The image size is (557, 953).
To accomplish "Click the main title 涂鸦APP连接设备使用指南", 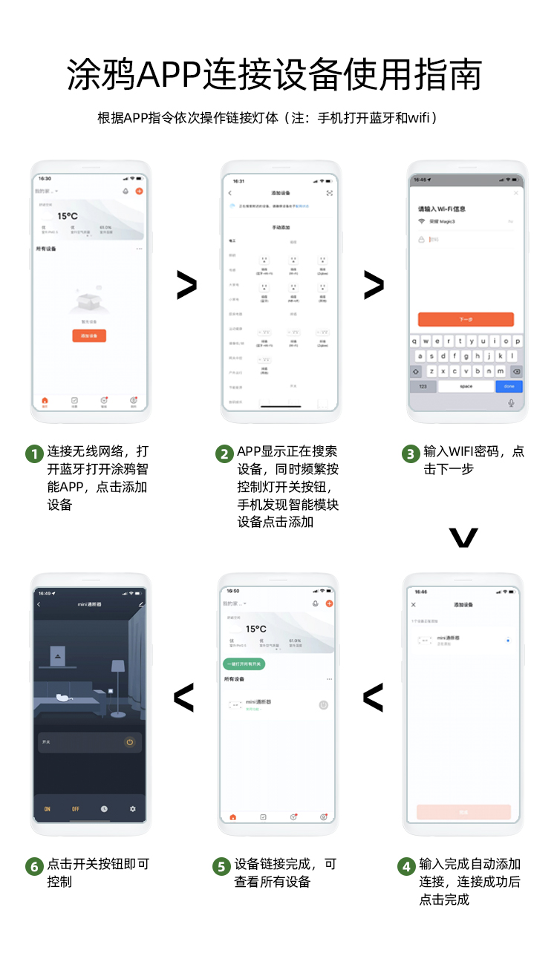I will (x=275, y=74).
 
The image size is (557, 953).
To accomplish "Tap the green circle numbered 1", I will (x=34, y=453).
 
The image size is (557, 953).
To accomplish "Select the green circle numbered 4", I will (x=405, y=866).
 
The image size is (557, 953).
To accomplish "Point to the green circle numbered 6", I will (x=34, y=866).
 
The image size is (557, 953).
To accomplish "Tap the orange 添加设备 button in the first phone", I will (x=89, y=336).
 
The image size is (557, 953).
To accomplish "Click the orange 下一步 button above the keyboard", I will (x=466, y=319).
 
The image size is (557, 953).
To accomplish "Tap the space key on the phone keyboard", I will (x=466, y=387).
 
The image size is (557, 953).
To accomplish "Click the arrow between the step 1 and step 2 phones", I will (x=186, y=286).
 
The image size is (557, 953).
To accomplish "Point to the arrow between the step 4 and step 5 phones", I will (x=373, y=697).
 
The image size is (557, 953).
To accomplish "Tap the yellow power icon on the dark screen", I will (x=129, y=741).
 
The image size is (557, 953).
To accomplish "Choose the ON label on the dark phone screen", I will (x=48, y=809).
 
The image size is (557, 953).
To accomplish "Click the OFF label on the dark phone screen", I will (x=76, y=809).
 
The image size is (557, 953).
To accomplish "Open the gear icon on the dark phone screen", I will (x=133, y=809).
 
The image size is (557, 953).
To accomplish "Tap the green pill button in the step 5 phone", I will (x=244, y=664).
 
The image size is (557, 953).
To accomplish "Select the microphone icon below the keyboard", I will (x=511, y=403).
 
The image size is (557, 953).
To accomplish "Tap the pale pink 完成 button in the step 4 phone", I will (x=463, y=813).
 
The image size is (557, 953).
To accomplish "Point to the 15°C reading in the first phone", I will (x=68, y=216).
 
